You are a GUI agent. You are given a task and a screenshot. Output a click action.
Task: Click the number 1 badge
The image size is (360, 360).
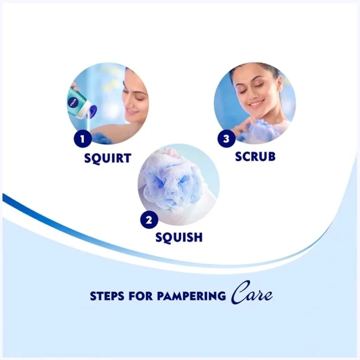pos(83,138)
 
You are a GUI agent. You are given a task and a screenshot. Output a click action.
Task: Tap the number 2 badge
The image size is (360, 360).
pos(149,219)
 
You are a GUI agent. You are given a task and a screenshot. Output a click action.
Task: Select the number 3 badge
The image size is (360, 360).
pos(226,138)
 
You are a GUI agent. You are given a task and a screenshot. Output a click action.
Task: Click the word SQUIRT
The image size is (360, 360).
pos(107,158)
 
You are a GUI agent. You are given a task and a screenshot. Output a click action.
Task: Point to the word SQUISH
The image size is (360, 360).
pos(179,237)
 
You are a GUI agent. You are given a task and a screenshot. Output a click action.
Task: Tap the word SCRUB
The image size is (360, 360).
pos(255,156)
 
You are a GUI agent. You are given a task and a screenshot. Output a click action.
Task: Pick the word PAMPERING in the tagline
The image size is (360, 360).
pos(191,296)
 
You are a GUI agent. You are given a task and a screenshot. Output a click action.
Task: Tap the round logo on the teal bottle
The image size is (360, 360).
pos(74,101)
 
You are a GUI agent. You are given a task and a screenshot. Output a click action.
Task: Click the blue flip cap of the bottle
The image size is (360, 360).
pos(92,111)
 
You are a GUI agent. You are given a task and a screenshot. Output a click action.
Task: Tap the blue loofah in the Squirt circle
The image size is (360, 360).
pos(103,138)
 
